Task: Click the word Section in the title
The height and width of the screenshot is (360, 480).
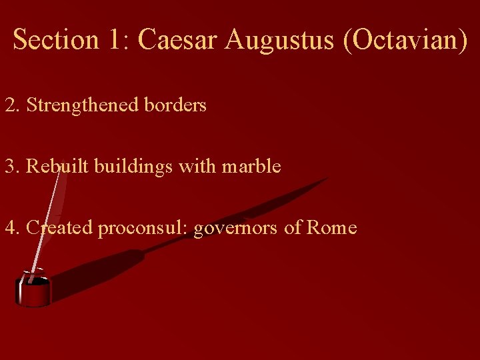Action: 56,39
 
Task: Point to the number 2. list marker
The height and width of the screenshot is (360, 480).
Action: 13,105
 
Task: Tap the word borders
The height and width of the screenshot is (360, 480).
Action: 175,105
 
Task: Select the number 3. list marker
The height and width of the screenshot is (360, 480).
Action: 13,166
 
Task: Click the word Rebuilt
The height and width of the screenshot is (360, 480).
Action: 57,166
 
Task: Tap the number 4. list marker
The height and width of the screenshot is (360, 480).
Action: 13,228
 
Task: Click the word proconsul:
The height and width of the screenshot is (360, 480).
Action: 143,228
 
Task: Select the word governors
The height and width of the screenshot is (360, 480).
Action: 236,228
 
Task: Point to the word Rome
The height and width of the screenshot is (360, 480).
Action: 331,228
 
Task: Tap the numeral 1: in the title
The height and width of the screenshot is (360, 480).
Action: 117,39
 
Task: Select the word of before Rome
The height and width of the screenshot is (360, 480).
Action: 293,228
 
